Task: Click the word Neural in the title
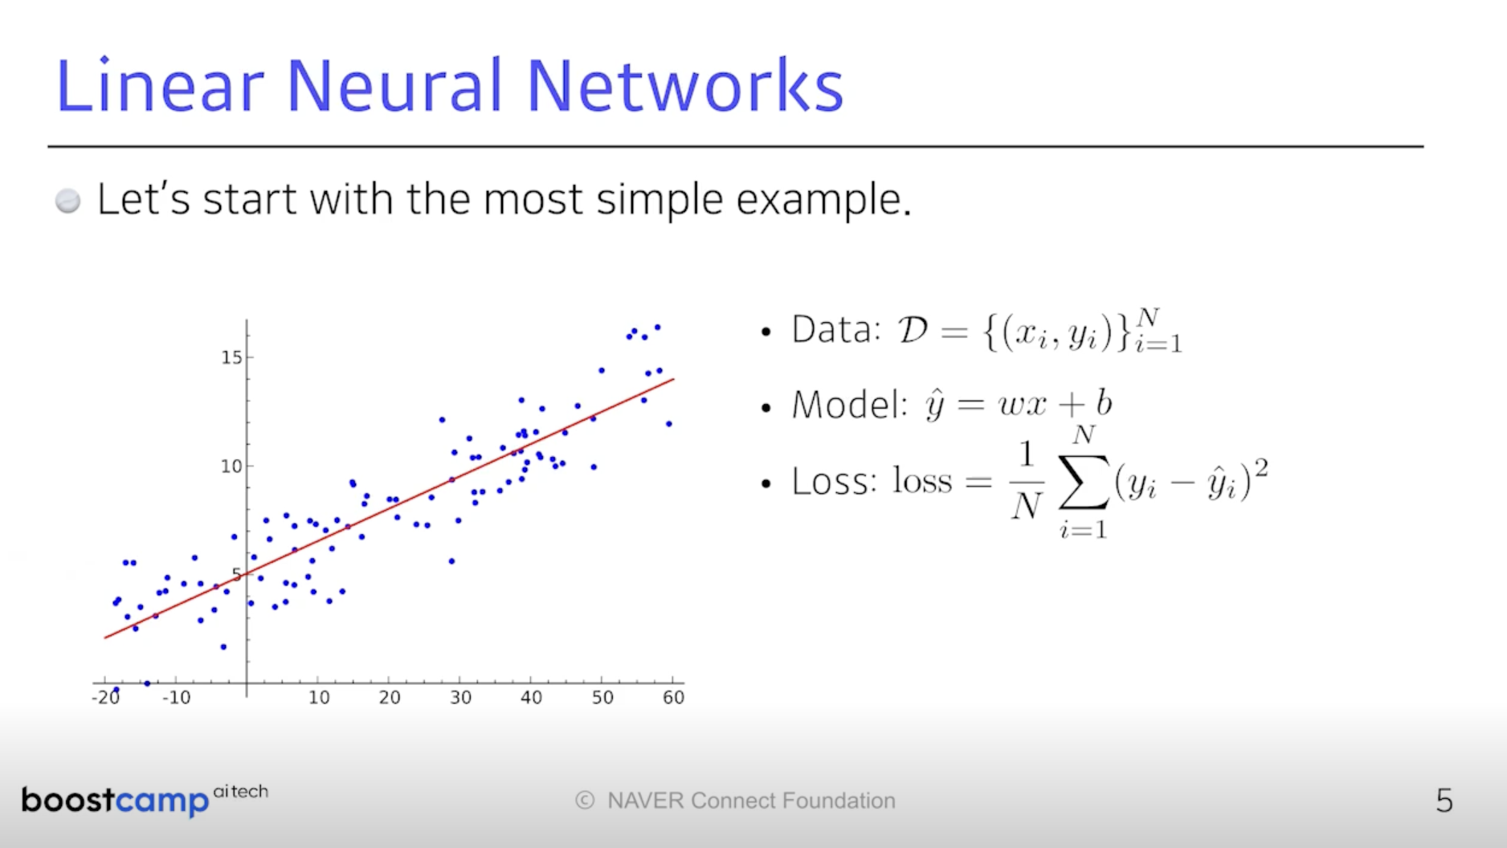pyautogui.click(x=394, y=85)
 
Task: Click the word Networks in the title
pyautogui.click(x=685, y=85)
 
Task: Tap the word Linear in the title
pyautogui.click(x=160, y=85)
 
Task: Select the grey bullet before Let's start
pyautogui.click(x=68, y=201)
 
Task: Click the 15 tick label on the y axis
pyautogui.click(x=231, y=357)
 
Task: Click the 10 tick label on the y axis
pyautogui.click(x=231, y=466)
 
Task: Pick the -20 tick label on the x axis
pyautogui.click(x=106, y=697)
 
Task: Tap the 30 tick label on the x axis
pyautogui.click(x=460, y=697)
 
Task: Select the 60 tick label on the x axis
pyautogui.click(x=673, y=697)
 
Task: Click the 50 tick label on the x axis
pyautogui.click(x=602, y=697)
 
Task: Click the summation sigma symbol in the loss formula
pyautogui.click(x=1084, y=481)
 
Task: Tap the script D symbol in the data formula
pyautogui.click(x=913, y=329)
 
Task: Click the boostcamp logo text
pyautogui.click(x=115, y=801)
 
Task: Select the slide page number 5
pyautogui.click(x=1444, y=801)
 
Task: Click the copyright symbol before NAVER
pyautogui.click(x=585, y=801)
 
